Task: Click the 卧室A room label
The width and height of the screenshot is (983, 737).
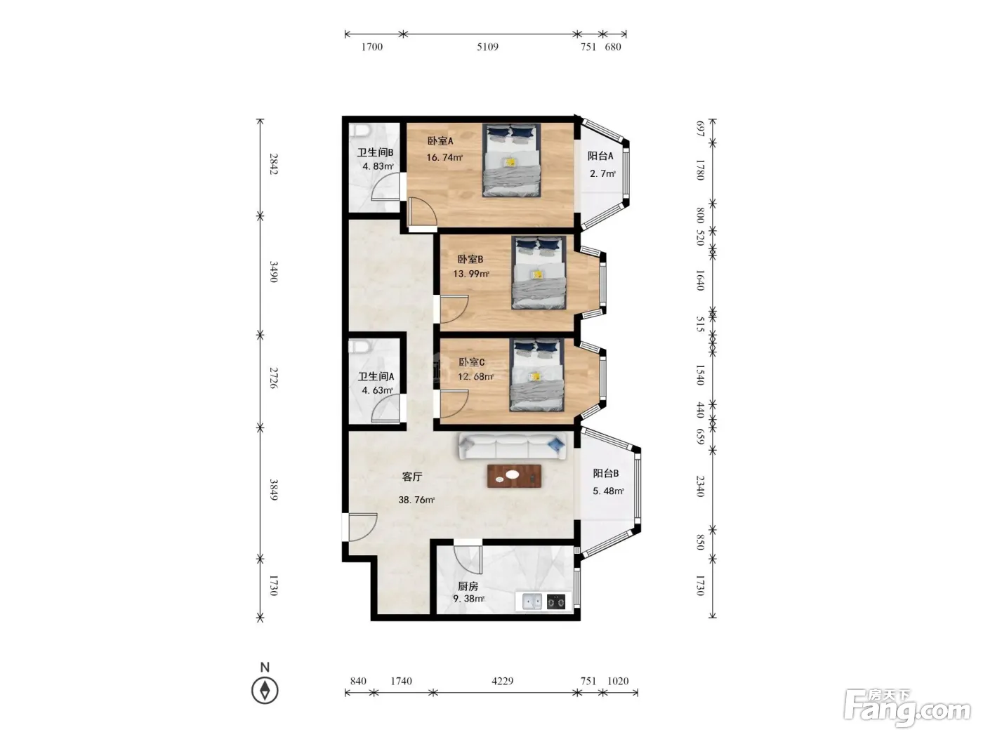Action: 440,141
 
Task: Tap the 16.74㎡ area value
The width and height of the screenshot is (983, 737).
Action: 444,157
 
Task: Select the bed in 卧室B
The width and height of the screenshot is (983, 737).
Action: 539,272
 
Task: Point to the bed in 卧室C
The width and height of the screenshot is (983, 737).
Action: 536,375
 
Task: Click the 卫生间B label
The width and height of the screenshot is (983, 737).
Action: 375,152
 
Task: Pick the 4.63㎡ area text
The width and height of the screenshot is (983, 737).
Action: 377,390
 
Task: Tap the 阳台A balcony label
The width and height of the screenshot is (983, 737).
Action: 600,156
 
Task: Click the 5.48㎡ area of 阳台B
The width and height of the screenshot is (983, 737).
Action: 608,491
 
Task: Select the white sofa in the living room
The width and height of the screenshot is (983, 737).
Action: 512,446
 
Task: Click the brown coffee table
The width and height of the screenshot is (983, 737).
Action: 514,476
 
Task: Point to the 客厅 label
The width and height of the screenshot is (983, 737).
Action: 411,477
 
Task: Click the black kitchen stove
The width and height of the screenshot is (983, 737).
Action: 556,602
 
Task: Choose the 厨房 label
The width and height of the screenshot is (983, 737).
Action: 468,586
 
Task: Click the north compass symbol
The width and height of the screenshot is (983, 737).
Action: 265,691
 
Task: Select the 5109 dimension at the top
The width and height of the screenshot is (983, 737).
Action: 487,46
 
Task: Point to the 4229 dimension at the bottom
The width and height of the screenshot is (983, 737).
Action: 502,681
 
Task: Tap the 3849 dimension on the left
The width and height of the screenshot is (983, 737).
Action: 274,489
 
